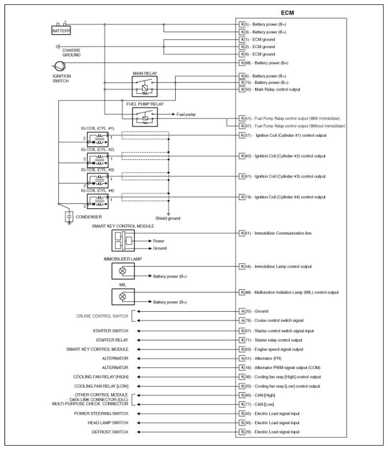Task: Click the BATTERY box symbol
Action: tap(61, 30)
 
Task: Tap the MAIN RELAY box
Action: tap(144, 87)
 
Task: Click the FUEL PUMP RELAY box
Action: tap(144, 117)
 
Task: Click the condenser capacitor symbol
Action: tap(69, 216)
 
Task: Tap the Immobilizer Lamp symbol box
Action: tap(123, 271)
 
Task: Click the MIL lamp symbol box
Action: tap(123, 296)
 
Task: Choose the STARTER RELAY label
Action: tap(113, 339)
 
